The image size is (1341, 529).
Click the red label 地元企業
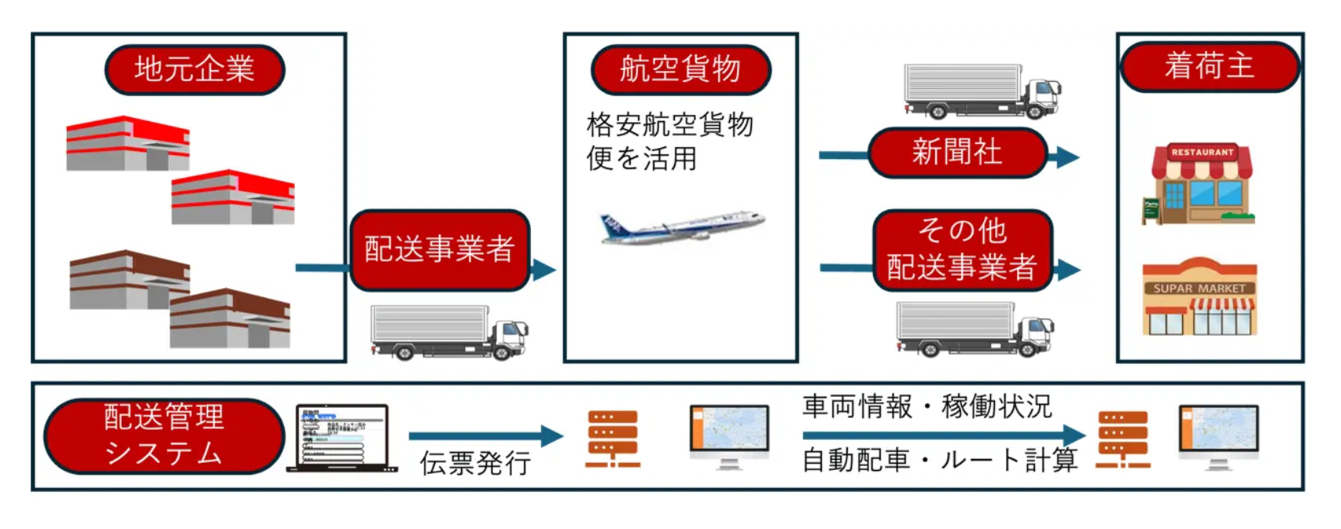click(x=194, y=69)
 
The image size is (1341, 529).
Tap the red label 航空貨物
click(x=680, y=69)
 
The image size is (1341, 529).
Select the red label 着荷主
click(x=1209, y=66)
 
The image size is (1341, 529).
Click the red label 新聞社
click(x=957, y=152)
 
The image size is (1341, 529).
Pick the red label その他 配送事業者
click(x=962, y=250)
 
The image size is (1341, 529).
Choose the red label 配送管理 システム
click(x=164, y=435)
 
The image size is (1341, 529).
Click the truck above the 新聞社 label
click(x=982, y=91)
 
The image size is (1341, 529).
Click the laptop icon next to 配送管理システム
click(x=341, y=438)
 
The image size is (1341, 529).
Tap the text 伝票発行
click(x=474, y=463)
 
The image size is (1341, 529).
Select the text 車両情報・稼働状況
click(x=927, y=406)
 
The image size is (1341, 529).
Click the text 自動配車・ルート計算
click(x=939, y=460)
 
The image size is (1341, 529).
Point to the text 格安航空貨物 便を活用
click(x=669, y=142)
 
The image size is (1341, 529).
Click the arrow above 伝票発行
click(x=485, y=435)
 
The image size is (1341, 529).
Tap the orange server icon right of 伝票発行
click(x=612, y=438)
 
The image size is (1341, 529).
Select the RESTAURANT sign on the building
click(x=1202, y=152)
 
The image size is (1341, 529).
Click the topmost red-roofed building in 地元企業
click(x=127, y=143)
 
